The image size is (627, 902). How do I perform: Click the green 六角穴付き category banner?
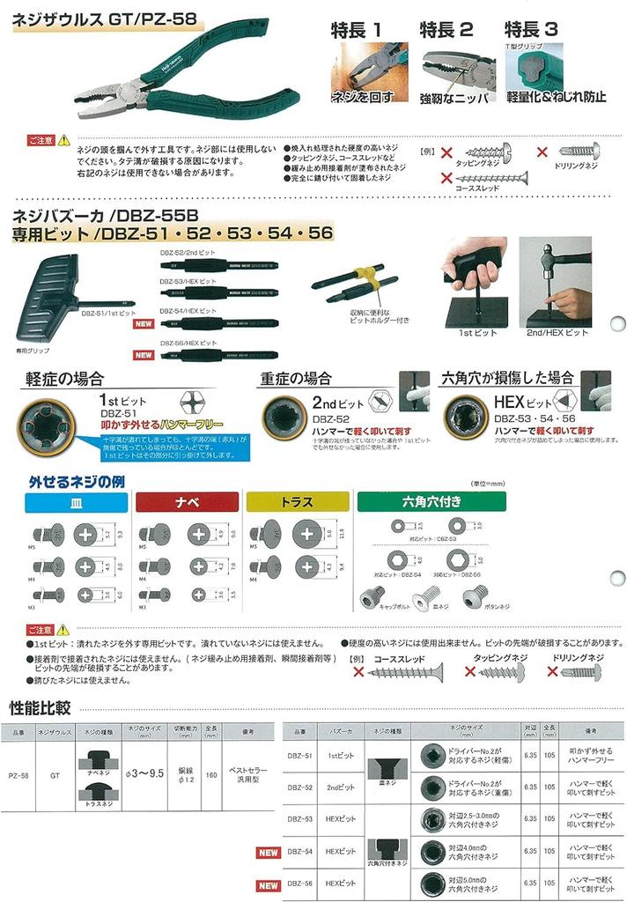coord(424,502)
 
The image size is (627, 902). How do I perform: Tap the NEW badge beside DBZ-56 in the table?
coord(268,884)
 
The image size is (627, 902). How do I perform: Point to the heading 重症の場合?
coord(296,379)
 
